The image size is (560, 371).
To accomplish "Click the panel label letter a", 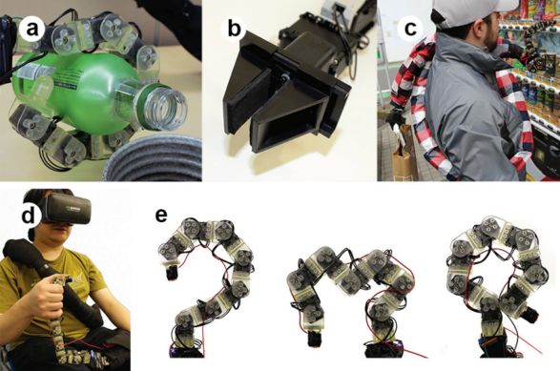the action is click(x=32, y=29).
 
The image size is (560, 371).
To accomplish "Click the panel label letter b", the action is click(x=234, y=29).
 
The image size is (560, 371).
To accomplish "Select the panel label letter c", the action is click(x=410, y=29).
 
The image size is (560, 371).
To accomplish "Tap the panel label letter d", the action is click(x=29, y=216).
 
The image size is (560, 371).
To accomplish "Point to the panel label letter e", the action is click(x=161, y=216).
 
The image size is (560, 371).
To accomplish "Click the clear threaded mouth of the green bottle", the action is click(x=165, y=104).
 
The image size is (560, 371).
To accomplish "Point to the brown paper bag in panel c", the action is click(x=404, y=157).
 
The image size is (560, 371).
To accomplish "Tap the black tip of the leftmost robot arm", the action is click(x=170, y=273).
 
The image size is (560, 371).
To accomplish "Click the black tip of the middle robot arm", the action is click(x=315, y=339).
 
